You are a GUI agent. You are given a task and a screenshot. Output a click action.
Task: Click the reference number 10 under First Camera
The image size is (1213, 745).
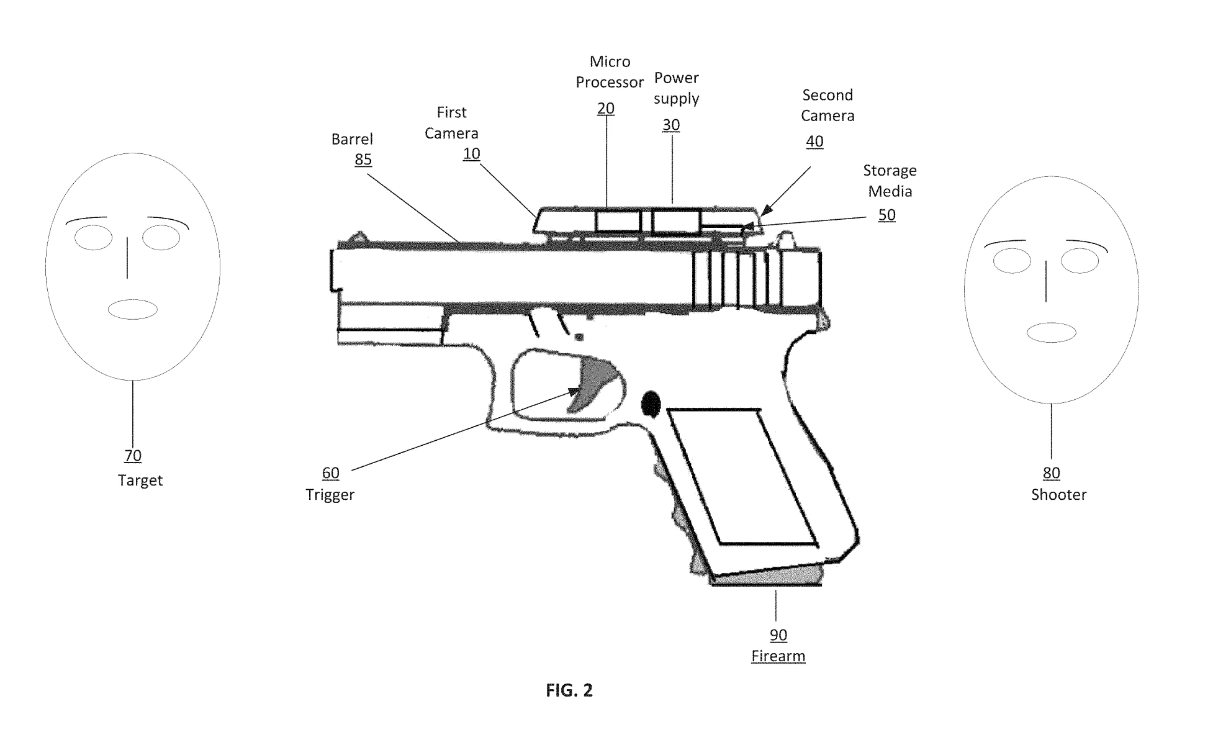click(471, 153)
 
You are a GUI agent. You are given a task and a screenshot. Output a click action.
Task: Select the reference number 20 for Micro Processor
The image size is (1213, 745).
click(605, 109)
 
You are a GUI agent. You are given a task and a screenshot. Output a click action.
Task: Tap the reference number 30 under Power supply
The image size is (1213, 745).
click(670, 125)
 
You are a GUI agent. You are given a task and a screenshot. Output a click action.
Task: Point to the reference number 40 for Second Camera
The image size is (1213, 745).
click(814, 142)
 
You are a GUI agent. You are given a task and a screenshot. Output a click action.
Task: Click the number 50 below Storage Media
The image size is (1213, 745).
click(886, 215)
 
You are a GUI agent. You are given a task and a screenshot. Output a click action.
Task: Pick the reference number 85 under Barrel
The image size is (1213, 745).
click(363, 160)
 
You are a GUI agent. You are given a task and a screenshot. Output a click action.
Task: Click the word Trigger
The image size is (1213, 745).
click(330, 495)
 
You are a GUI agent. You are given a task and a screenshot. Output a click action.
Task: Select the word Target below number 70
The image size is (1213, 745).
click(140, 481)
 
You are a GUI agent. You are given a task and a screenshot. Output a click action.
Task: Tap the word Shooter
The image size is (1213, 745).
click(1058, 495)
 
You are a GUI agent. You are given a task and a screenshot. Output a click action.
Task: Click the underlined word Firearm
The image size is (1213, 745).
click(778, 656)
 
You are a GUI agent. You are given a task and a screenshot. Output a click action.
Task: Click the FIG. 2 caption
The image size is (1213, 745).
click(569, 690)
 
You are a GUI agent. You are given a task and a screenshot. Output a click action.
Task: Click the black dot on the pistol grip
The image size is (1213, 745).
click(650, 404)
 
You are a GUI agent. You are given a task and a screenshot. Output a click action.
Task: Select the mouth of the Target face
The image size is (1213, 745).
click(133, 309)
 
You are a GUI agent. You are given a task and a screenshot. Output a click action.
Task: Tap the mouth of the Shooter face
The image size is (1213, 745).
click(1051, 332)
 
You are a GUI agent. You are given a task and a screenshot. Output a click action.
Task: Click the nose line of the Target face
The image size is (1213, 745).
click(127, 258)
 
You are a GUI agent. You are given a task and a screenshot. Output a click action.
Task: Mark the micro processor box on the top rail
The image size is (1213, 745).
click(618, 221)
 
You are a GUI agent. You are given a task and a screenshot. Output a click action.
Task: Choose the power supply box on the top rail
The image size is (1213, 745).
click(676, 221)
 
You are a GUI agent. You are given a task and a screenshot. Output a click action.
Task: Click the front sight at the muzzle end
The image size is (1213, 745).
click(358, 237)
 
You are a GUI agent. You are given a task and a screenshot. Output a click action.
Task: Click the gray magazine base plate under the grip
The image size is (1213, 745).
click(767, 576)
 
